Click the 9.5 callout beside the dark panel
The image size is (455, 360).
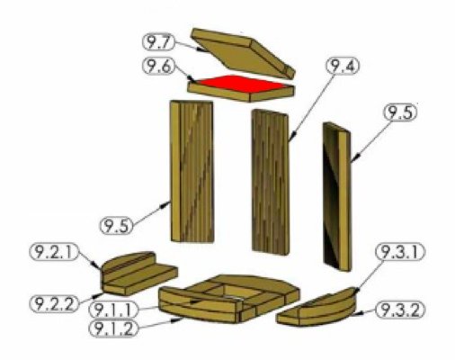pyautogui.click(x=402, y=114)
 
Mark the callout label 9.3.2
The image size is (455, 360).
pyautogui.click(x=397, y=310)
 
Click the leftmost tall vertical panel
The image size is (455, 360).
pyautogui.click(x=192, y=171)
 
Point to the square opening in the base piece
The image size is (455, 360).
pyautogui.click(x=230, y=290)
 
